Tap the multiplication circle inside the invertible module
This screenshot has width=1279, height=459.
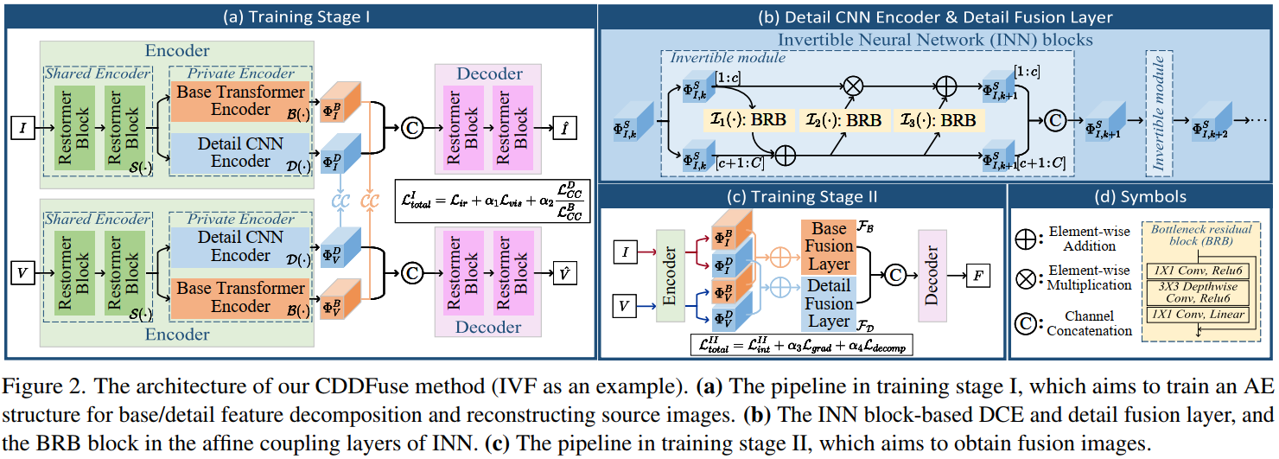tap(853, 86)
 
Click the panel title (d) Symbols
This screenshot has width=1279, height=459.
tap(1142, 197)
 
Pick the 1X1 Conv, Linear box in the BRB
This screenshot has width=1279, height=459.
tap(1199, 315)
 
